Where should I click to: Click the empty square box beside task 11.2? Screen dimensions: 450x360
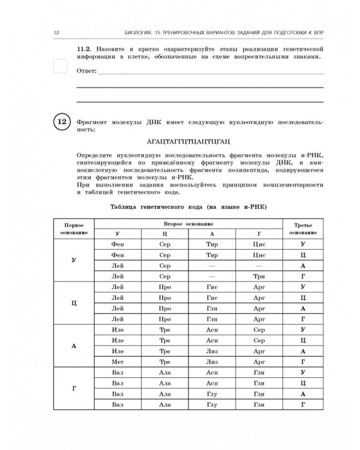tap(61, 66)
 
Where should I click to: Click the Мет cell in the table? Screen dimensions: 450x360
tap(118, 362)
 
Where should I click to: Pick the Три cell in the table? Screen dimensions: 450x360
tap(259, 276)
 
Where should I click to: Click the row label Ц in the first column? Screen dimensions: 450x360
tap(73, 303)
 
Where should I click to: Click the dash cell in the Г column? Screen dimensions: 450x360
tap(259, 265)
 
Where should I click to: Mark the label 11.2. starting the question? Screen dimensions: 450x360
tap(87, 47)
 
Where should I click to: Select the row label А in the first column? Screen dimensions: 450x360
tap(73, 346)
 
